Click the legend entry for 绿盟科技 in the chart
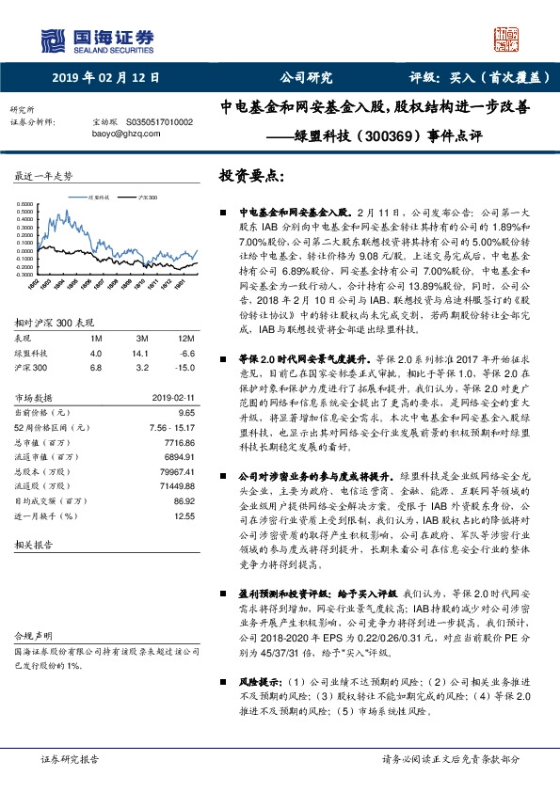(98, 198)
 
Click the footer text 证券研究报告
(72, 758)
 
